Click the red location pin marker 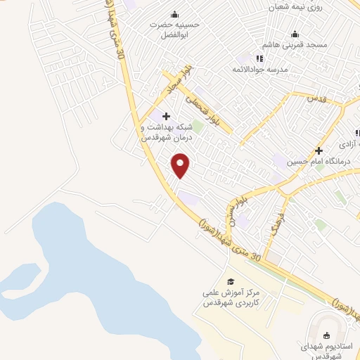point(181,165)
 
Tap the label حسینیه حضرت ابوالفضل point(174,28)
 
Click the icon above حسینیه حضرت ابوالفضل point(174,14)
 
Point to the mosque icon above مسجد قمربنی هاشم point(295,34)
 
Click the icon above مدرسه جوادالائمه point(259,59)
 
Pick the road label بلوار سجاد point(178,82)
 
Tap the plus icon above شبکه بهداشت point(166,117)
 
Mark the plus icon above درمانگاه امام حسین point(319,150)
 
